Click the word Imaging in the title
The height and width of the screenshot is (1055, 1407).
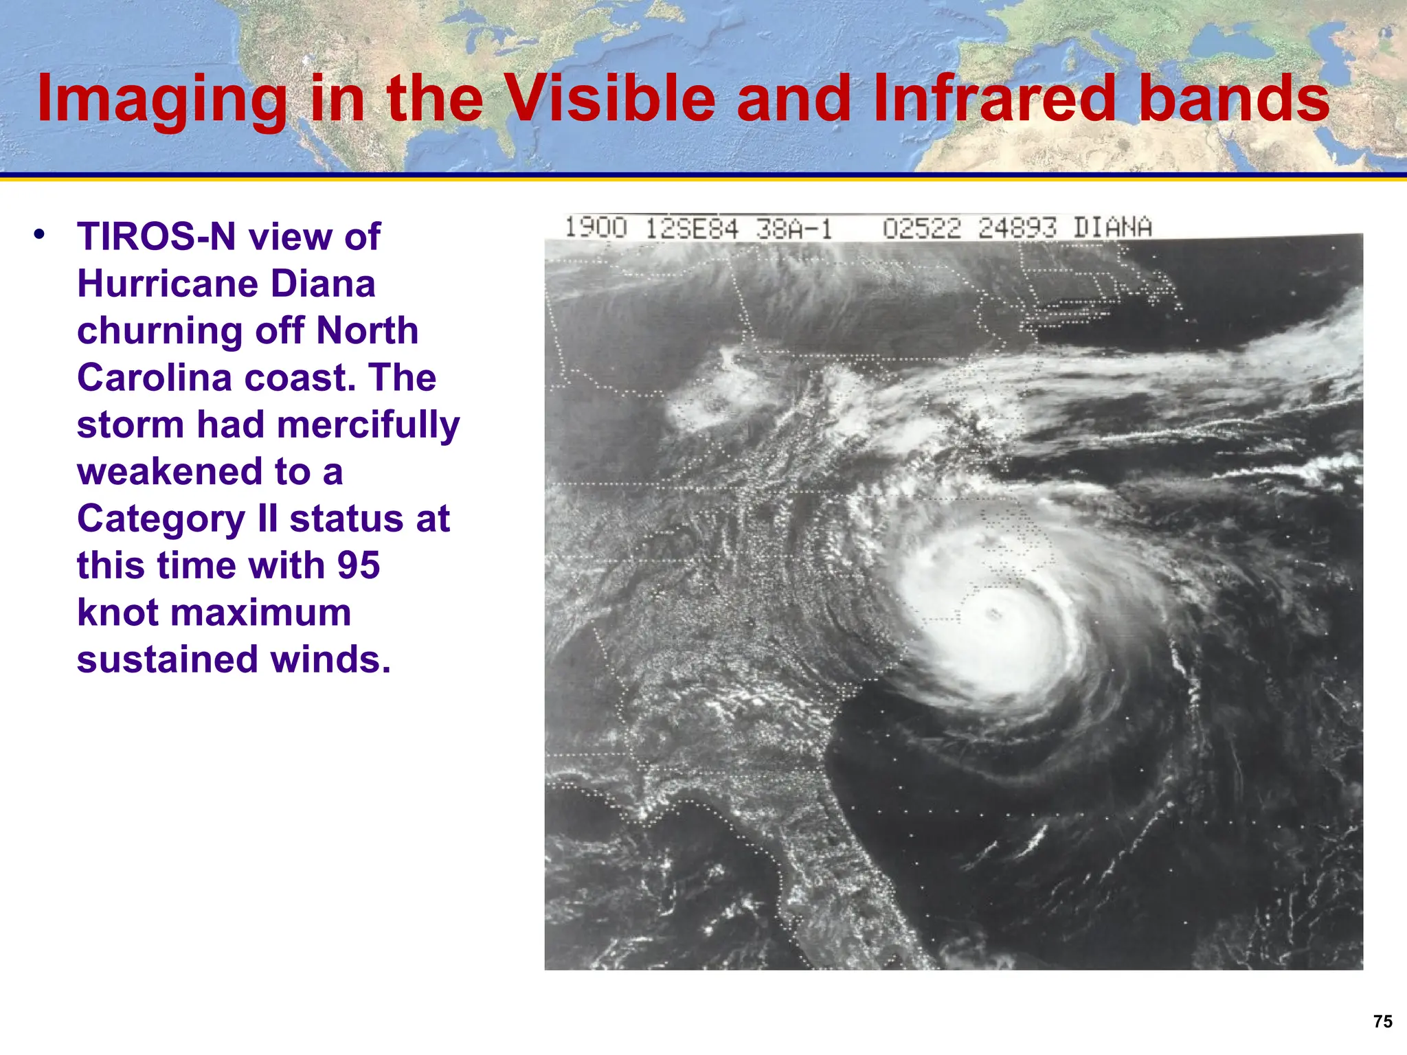point(162,100)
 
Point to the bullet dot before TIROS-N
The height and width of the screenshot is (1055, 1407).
point(39,234)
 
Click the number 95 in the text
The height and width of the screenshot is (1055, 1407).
point(358,566)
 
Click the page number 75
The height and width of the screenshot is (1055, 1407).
point(1382,1022)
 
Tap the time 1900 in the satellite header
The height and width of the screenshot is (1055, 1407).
point(596,227)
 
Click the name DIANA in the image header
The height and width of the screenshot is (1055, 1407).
point(1112,227)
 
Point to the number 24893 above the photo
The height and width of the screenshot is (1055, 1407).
point(1017,228)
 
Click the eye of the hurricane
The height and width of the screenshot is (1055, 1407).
point(993,613)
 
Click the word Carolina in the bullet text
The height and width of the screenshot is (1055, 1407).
point(155,378)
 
